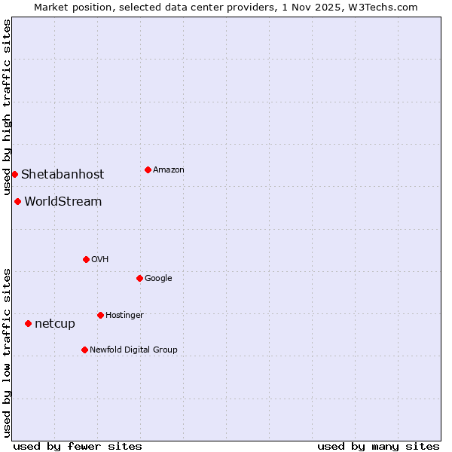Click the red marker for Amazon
(x=148, y=169)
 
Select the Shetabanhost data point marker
(x=14, y=174)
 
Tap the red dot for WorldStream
(x=17, y=201)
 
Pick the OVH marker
(x=86, y=259)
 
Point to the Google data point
(x=139, y=278)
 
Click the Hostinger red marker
(x=100, y=315)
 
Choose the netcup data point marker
(x=28, y=323)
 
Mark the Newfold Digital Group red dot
(x=84, y=350)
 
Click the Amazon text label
(x=169, y=170)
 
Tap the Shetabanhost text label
(x=63, y=174)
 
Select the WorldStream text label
(x=63, y=201)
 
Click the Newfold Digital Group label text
(x=133, y=350)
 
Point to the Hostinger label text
(x=124, y=315)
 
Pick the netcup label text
(x=55, y=324)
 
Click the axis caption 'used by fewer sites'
(x=78, y=446)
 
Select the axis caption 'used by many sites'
(x=378, y=446)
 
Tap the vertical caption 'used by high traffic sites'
(x=7, y=107)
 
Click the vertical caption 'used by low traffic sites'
(x=7, y=352)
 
